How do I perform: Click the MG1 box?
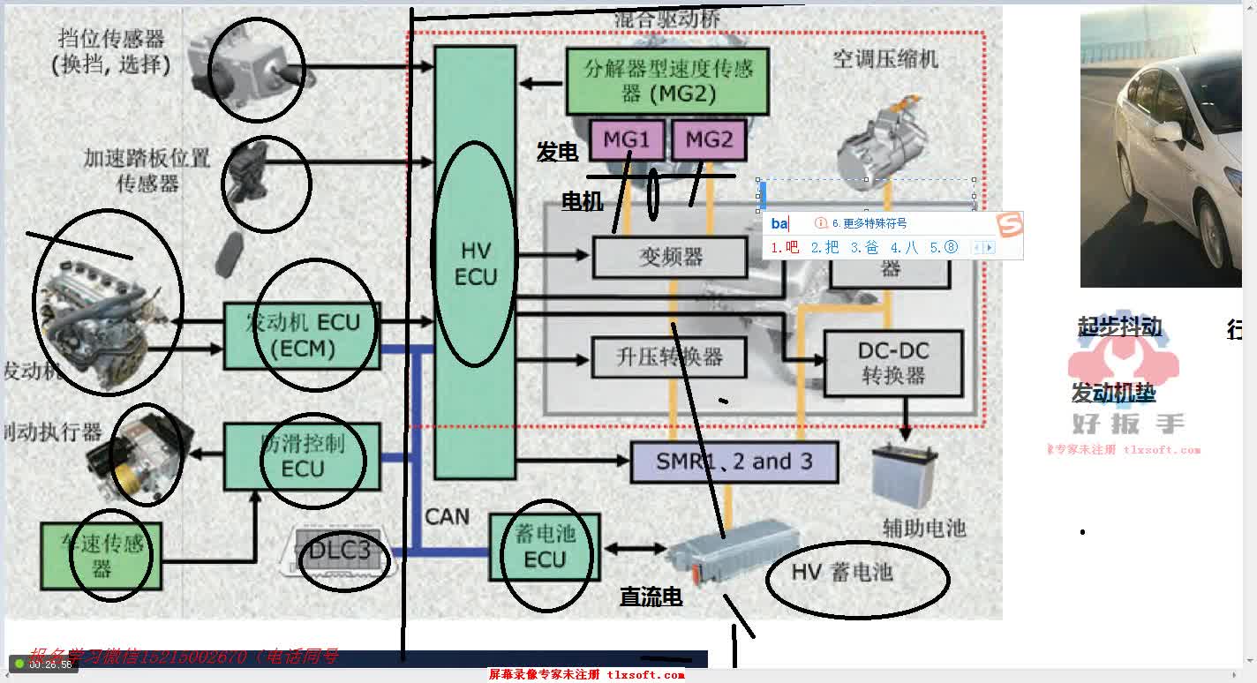[626, 139]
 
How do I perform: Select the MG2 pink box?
[709, 139]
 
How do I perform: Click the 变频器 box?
[671, 257]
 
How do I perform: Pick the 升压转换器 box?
[669, 357]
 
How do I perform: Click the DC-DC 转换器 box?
[892, 363]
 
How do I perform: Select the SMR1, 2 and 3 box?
[734, 462]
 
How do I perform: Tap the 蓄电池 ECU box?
[545, 546]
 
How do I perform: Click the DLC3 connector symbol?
[340, 552]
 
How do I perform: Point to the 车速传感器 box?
[102, 555]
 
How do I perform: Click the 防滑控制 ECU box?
[302, 456]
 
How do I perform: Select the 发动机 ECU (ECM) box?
[302, 335]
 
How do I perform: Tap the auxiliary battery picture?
[904, 477]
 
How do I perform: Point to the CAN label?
[447, 516]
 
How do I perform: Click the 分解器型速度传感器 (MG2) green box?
[667, 80]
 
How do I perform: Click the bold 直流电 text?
[651, 597]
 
